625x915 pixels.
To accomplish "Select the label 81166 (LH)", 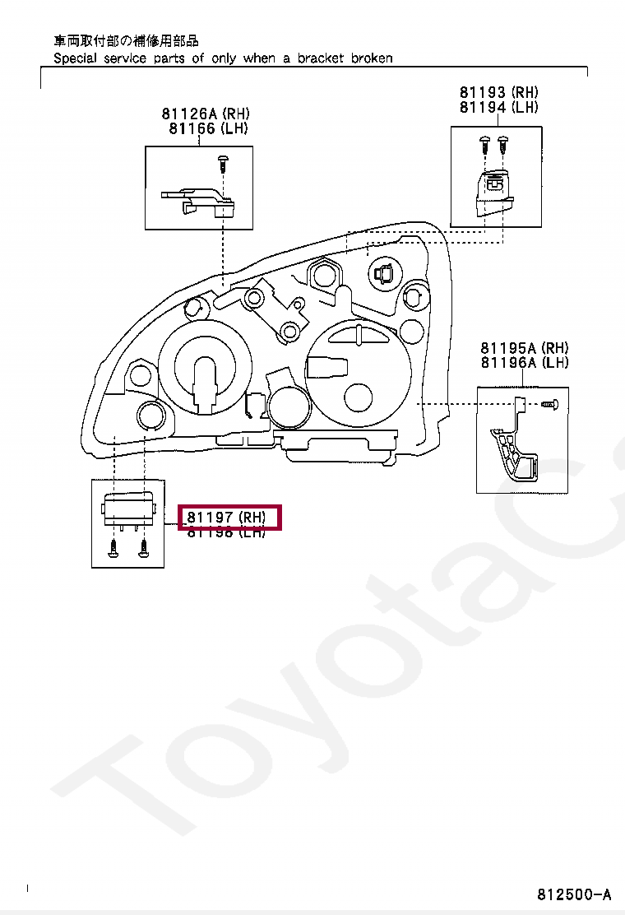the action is (208, 128).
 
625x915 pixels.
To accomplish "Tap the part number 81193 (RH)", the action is (499, 93).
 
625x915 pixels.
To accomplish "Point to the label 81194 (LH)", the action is (499, 108).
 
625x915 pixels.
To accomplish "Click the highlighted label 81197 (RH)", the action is (230, 518).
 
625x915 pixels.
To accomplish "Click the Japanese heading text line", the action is (126, 40).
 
